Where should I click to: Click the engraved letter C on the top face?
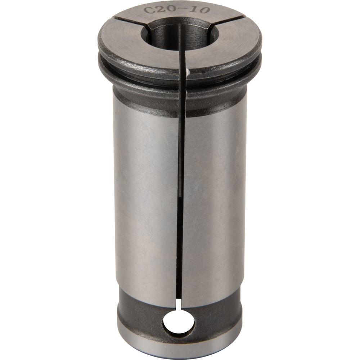tap(148, 10)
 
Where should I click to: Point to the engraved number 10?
tap(199, 10)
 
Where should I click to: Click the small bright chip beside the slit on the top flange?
tap(188, 73)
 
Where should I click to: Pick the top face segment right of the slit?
tap(230, 47)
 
